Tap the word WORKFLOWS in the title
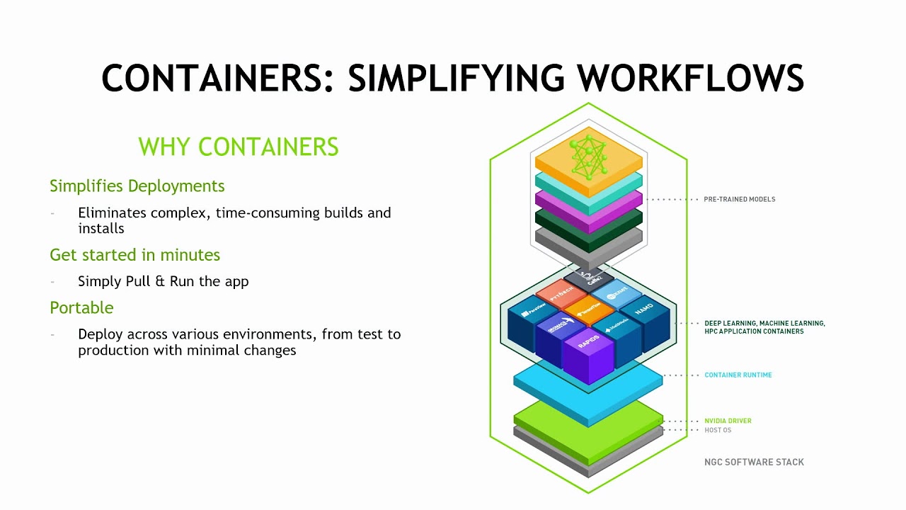[691, 79]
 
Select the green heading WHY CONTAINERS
[239, 147]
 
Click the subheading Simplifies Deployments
[137, 186]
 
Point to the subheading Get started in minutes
[134, 255]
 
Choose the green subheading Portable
[81, 308]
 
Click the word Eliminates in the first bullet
[113, 212]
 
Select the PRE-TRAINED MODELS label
[739, 199]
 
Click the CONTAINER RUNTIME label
[738, 375]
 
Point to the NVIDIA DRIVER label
[728, 421]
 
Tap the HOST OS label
[718, 430]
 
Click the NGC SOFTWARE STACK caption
[754, 462]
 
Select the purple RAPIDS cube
[587, 344]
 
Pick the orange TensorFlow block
[590, 309]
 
